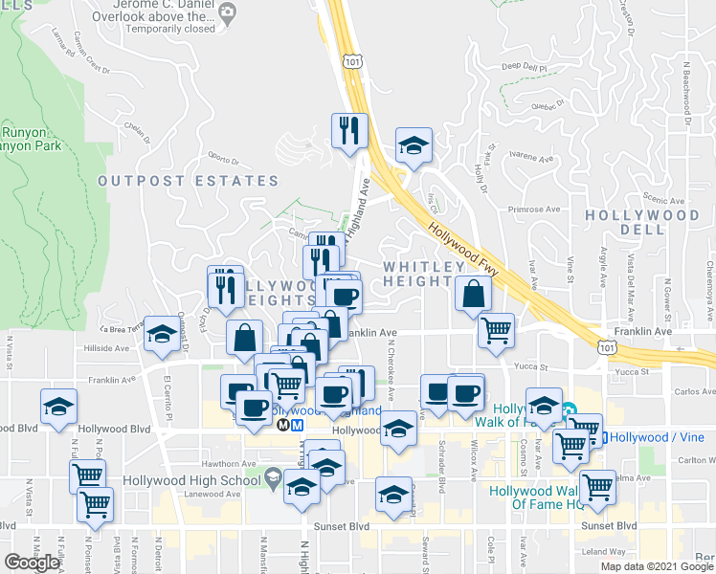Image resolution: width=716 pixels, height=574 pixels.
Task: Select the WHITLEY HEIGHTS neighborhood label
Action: click(x=416, y=273)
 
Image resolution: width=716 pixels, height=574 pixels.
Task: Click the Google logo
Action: click(x=31, y=563)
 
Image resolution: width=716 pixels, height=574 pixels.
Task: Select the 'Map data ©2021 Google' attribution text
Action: click(x=657, y=566)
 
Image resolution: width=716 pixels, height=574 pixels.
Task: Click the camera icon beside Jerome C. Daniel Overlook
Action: click(x=227, y=12)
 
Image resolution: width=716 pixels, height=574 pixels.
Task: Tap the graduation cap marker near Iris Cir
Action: click(x=414, y=145)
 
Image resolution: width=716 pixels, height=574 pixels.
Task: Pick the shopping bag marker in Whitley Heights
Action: click(x=473, y=296)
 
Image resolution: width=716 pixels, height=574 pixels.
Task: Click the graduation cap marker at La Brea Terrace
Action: click(x=162, y=334)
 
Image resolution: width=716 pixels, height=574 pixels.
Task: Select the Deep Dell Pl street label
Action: click(x=523, y=68)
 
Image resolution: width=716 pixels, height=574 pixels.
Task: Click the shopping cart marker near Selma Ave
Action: click(x=598, y=488)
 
